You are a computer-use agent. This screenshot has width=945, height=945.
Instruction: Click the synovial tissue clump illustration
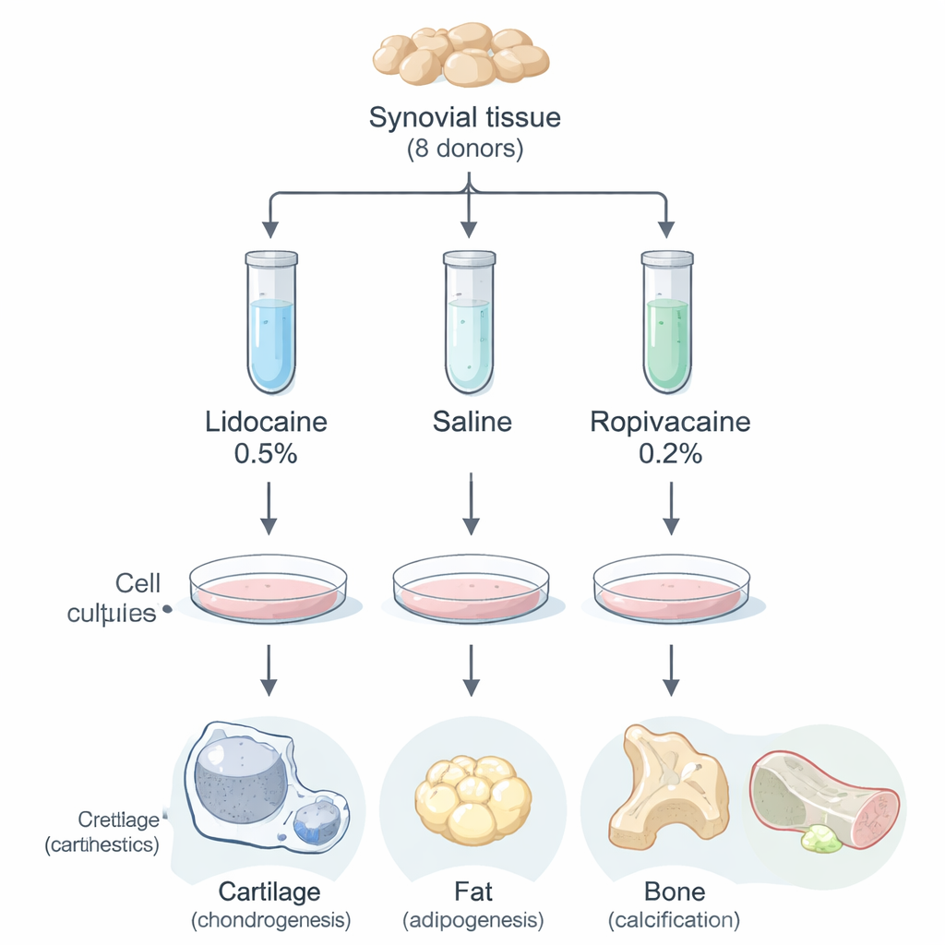[x=461, y=54]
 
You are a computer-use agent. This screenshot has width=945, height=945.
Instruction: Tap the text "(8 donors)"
[x=464, y=150]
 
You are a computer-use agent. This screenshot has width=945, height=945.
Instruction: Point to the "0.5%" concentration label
[x=266, y=454]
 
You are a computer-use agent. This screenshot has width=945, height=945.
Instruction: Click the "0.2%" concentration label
[x=670, y=454]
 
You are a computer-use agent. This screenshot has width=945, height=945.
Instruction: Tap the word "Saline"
[x=472, y=423]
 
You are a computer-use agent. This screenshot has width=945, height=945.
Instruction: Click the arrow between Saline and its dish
[x=471, y=505]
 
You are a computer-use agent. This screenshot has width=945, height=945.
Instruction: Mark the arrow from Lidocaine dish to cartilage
[x=268, y=670]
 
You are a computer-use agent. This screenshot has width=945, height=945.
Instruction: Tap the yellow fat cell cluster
[x=472, y=797]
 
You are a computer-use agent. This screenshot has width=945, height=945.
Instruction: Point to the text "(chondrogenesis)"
[x=270, y=920]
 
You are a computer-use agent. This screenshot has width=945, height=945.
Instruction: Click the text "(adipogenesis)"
[x=472, y=920]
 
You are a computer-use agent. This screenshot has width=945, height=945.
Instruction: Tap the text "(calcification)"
[x=675, y=920]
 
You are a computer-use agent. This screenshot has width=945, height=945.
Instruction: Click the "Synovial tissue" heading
[x=464, y=118]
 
